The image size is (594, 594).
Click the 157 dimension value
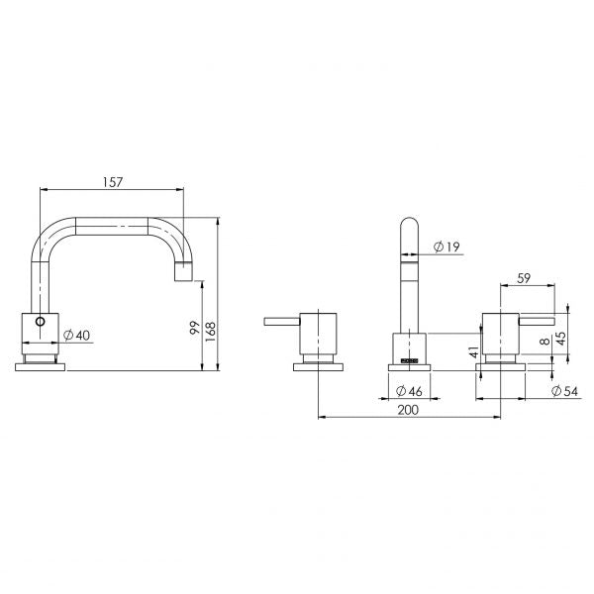(x=113, y=182)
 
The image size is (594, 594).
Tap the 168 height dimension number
(x=210, y=332)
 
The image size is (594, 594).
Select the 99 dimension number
(x=195, y=328)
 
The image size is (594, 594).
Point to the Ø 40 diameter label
(x=77, y=336)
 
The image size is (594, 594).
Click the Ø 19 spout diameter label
(x=446, y=247)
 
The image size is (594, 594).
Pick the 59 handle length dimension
(x=524, y=278)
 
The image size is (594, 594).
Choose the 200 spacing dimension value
(x=408, y=410)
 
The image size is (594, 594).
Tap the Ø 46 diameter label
(x=409, y=391)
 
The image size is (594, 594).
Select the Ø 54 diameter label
(x=565, y=391)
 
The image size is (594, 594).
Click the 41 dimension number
(x=474, y=351)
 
